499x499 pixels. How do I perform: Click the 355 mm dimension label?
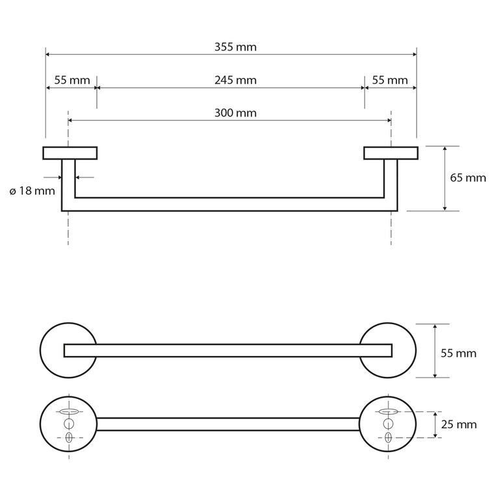click(x=235, y=47)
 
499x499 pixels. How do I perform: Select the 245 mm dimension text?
click(x=235, y=80)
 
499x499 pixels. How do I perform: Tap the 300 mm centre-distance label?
click(x=235, y=113)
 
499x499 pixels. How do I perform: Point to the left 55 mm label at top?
click(x=72, y=80)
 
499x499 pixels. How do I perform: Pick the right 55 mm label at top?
click(x=390, y=80)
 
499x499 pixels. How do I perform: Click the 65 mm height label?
click(x=468, y=177)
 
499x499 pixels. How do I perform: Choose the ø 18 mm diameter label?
click(x=32, y=191)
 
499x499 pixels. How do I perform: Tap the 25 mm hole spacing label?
click(x=459, y=424)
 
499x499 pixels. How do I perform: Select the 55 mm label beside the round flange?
click(x=459, y=353)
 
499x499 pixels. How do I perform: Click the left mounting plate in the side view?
click(x=70, y=153)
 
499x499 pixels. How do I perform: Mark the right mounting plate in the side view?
click(x=390, y=153)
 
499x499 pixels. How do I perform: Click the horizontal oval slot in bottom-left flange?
click(x=69, y=412)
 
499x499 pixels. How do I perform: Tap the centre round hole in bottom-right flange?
click(x=388, y=424)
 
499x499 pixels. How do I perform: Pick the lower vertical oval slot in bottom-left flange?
click(x=69, y=437)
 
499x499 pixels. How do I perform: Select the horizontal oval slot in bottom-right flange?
click(x=388, y=412)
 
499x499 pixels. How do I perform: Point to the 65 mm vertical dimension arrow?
click(x=444, y=179)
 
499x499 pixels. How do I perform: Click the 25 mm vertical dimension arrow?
click(x=435, y=424)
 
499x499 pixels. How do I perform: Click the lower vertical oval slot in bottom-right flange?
click(x=388, y=437)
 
